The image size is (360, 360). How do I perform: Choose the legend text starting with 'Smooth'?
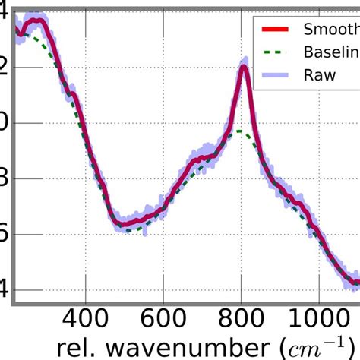(x=331, y=30)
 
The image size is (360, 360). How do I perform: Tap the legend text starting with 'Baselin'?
(x=331, y=52)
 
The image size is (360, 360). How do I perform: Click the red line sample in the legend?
(x=276, y=30)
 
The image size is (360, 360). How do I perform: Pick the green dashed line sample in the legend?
(x=276, y=53)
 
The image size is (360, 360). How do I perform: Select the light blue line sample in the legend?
(x=276, y=75)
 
